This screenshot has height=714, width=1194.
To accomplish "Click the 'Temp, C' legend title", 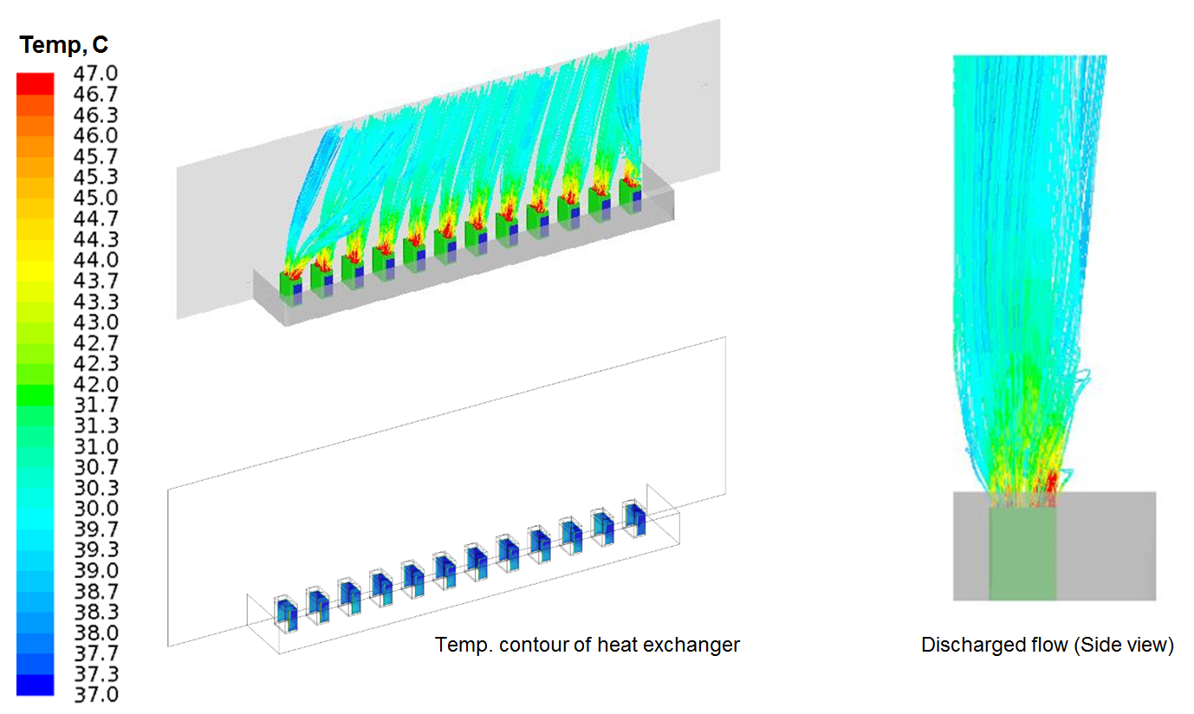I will click(x=64, y=43).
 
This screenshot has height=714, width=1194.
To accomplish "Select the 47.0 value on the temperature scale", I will click(x=97, y=73).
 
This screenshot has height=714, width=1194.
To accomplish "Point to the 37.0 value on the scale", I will click(x=97, y=694).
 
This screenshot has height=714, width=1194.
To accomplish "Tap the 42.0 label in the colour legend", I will click(x=97, y=384).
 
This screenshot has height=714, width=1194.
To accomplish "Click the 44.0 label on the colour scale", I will click(x=97, y=259).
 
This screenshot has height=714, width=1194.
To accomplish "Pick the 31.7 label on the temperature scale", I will click(x=97, y=405).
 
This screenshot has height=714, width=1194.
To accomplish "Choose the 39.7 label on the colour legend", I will click(x=97, y=529).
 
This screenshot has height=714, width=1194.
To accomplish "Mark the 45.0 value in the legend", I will click(x=97, y=198).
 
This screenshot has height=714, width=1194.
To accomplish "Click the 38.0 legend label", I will click(x=97, y=632).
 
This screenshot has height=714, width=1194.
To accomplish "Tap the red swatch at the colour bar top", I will click(x=35, y=82).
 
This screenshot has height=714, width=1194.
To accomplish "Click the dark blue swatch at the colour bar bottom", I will click(x=35, y=685).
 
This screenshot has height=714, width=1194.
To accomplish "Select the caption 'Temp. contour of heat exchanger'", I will click(x=587, y=646).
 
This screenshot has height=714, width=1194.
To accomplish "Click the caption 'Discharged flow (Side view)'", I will click(x=1047, y=646).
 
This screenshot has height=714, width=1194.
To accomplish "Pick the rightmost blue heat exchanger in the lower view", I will click(x=635, y=517).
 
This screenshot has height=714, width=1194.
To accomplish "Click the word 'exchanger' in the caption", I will click(x=697, y=646).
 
